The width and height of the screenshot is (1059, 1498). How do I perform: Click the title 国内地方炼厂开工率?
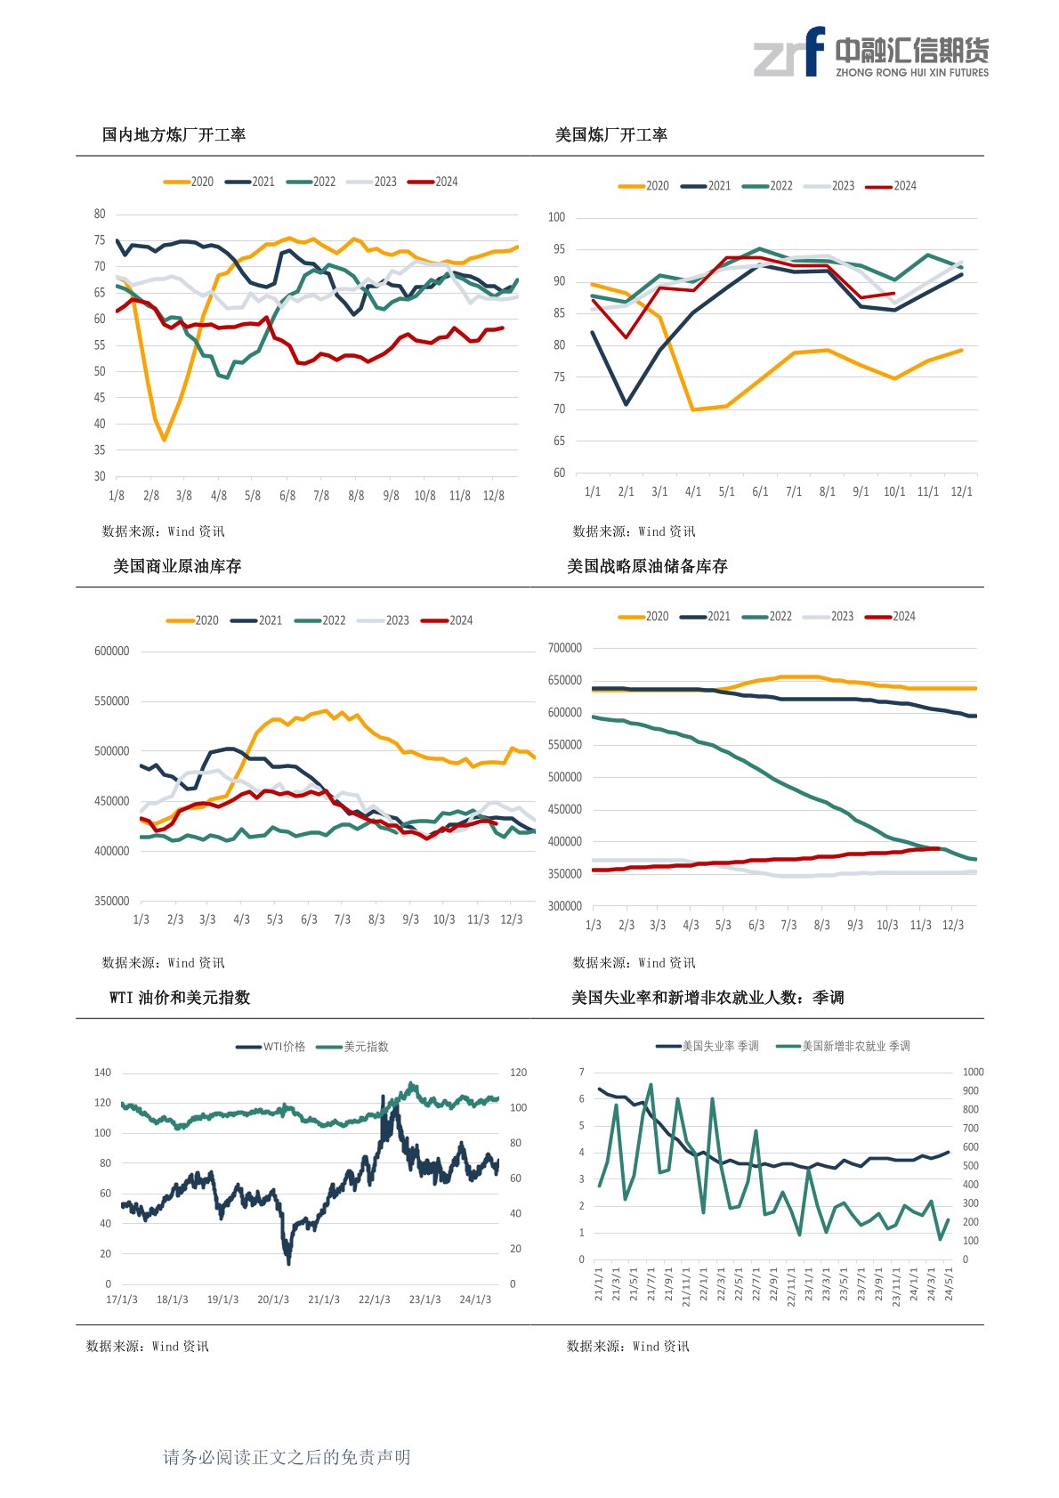174,135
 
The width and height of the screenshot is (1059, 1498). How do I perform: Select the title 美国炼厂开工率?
611,135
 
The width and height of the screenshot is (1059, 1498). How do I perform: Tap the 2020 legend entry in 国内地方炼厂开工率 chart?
190,182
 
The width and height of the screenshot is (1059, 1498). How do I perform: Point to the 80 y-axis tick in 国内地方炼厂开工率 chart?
100,214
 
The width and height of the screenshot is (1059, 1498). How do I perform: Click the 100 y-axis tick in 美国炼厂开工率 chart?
556,217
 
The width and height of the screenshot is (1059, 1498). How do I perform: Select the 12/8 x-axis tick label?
493,496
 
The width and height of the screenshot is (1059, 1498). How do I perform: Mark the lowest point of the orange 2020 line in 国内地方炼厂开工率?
164,440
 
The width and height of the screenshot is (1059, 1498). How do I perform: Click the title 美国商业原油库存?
177,567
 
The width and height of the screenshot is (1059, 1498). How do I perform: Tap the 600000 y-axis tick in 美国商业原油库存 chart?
111,652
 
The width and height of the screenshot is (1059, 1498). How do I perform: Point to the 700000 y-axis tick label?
565,648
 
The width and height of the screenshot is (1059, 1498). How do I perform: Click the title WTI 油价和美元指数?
180,998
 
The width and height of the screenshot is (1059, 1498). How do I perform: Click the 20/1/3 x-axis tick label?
273,1300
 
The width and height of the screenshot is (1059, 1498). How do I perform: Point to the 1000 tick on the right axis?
973,1072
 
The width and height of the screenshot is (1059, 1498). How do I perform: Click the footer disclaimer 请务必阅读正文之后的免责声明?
287,1457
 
